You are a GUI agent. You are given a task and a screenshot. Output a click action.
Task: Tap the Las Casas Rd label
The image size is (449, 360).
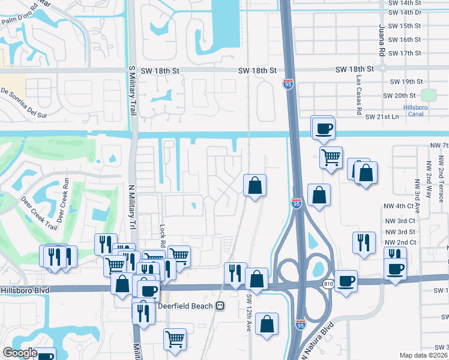coord(358,96)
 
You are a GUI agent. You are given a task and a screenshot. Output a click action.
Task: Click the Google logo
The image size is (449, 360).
coord(20,353)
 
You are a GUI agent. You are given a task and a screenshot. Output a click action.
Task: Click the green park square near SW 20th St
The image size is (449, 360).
coord(428,95)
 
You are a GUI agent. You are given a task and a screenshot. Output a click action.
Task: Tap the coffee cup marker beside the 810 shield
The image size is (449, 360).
coord(346,280)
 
